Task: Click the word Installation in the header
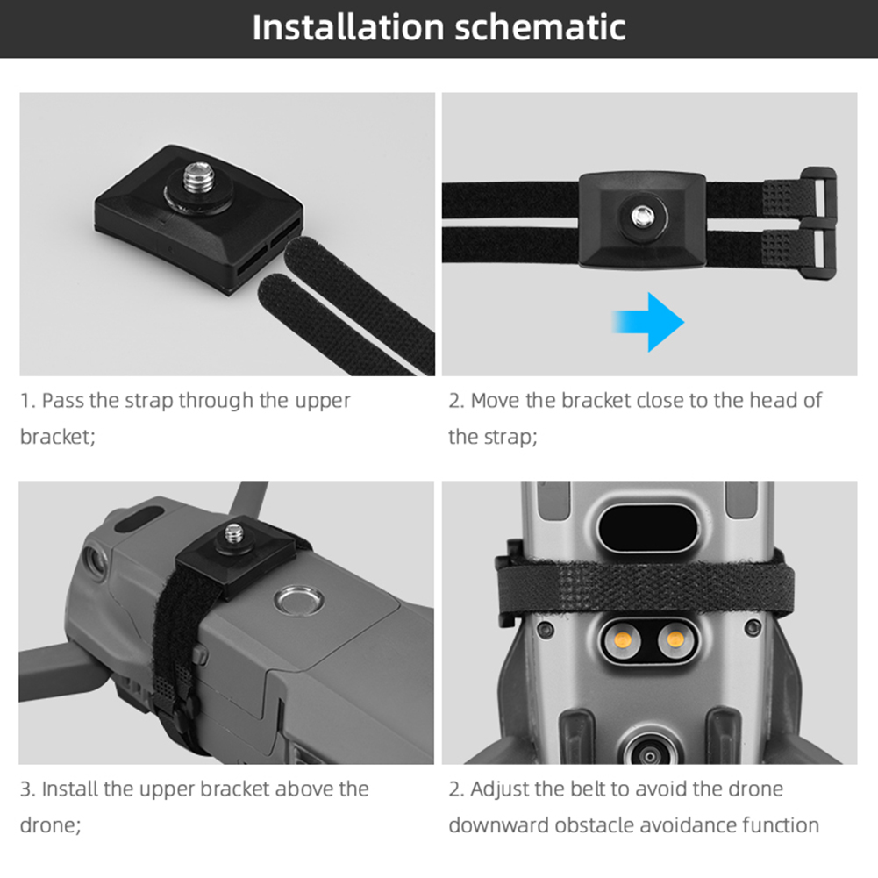348,27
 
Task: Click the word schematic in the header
540,27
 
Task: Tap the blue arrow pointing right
648,322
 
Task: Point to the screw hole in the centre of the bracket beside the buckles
643,216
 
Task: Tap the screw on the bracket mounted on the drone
234,533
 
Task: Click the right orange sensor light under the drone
675,639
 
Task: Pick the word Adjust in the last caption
499,789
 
